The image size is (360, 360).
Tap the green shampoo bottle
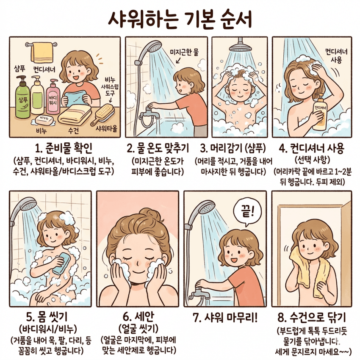22,97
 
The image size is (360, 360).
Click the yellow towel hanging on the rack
42,52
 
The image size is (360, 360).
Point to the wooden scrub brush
103,114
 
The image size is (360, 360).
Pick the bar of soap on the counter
45,119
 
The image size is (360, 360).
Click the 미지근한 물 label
184,53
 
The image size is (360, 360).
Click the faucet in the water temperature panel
150,113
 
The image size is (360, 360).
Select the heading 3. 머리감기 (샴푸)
233,148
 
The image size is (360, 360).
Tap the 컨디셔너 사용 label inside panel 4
336,55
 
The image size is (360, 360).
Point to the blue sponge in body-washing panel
61,263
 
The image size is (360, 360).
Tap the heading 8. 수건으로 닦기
312,318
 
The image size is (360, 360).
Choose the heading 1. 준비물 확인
64,148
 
